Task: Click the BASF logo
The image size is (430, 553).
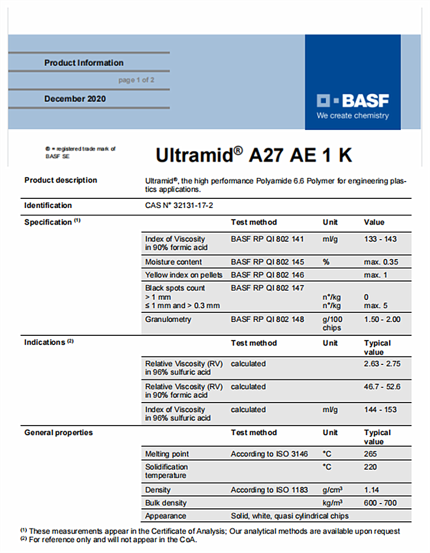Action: pos(353,100)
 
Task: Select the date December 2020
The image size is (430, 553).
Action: pos(75,99)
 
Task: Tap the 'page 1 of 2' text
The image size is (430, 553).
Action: pos(136,80)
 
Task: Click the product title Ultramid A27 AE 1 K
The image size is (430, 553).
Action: pos(254,155)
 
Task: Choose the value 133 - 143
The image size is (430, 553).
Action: pos(380,239)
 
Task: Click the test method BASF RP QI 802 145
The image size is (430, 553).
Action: pos(267,262)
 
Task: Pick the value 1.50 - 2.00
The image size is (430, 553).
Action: pos(382,320)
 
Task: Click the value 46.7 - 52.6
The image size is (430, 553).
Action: pos(382,387)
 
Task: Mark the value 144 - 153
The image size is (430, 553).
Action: pos(380,410)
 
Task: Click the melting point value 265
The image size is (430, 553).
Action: pos(370,454)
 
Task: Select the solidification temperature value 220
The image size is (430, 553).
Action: pos(370,467)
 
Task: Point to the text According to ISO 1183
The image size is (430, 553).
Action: pos(269,490)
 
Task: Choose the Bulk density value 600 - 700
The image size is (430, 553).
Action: pos(380,503)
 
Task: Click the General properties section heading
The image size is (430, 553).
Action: pos(59,433)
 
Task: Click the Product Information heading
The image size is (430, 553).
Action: pos(84,63)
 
